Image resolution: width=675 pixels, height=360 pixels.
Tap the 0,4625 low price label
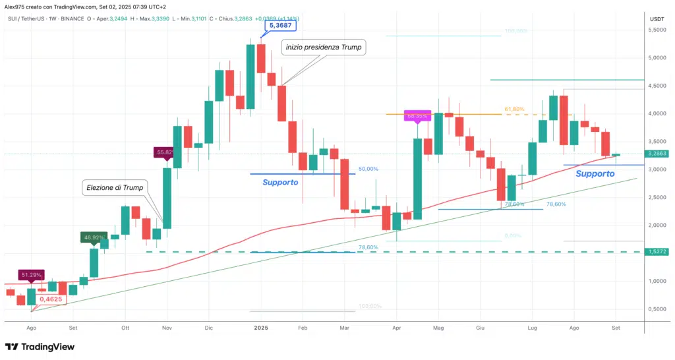pyautogui.click(x=51, y=299)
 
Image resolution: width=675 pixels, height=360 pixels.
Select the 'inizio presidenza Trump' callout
pyautogui.click(x=324, y=47)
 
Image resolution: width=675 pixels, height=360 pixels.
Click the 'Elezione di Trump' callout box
pyautogui.click(x=115, y=188)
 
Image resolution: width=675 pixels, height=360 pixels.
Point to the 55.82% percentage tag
pyautogui.click(x=165, y=152)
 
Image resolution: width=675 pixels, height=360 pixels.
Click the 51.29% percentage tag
pyautogui.click(x=32, y=274)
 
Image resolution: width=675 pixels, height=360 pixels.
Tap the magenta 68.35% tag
pyautogui.click(x=417, y=116)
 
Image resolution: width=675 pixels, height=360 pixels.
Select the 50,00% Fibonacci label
pyautogui.click(x=368, y=169)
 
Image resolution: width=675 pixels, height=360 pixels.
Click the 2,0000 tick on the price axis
pyautogui.click(x=657, y=225)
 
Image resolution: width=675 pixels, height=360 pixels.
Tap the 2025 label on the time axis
pyautogui.click(x=261, y=327)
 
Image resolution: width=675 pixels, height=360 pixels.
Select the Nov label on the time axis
pyautogui.click(x=167, y=327)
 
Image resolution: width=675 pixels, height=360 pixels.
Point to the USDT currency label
pyautogui.click(x=657, y=19)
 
